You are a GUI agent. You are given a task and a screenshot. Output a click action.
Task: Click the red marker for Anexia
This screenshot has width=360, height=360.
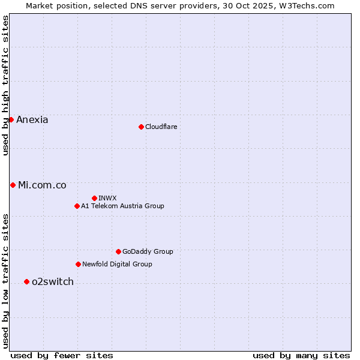pyautogui.click(x=11, y=119)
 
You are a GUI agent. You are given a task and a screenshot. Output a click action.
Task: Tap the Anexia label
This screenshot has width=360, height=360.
pyautogui.click(x=32, y=120)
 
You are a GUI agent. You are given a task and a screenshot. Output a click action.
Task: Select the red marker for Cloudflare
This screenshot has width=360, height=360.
pyautogui.click(x=141, y=127)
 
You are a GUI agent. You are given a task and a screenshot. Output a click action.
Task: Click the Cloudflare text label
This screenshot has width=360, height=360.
pyautogui.click(x=161, y=127)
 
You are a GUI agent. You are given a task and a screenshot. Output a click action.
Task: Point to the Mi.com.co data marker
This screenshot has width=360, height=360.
pyautogui.click(x=13, y=185)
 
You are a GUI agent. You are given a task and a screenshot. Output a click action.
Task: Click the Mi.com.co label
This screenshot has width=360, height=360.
pyautogui.click(x=42, y=185)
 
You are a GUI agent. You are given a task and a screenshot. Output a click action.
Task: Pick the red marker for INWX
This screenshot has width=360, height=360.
pyautogui.click(x=94, y=198)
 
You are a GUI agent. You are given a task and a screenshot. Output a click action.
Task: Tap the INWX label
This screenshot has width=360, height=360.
pyautogui.click(x=108, y=199)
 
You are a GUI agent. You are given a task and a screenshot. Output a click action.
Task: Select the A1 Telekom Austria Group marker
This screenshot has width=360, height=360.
pyautogui.click(x=77, y=206)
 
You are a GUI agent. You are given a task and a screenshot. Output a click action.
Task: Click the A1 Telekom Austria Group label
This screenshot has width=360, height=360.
pyautogui.click(x=122, y=206)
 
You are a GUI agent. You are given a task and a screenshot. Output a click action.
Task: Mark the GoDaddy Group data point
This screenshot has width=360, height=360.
pyautogui.click(x=118, y=251)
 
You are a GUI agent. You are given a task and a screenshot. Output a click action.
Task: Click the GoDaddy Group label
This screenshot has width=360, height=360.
pyautogui.click(x=148, y=252)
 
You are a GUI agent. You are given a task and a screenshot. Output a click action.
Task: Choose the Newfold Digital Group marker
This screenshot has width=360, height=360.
pyautogui.click(x=78, y=264)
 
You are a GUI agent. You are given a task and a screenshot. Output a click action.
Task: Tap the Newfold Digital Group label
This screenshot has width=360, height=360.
pyautogui.click(x=117, y=265)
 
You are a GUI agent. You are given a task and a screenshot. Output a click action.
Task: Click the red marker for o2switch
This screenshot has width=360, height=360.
pyautogui.click(x=26, y=281)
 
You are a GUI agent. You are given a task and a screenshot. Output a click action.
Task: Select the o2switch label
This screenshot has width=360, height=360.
pyautogui.click(x=53, y=282)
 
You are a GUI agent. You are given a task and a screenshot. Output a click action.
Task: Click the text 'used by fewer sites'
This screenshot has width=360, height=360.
pyautogui.click(x=62, y=356)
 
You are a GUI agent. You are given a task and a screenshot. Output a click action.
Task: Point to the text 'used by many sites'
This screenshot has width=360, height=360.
pyautogui.click(x=301, y=356)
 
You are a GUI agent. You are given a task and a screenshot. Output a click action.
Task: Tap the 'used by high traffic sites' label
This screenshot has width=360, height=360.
pyautogui.click(x=6, y=86)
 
